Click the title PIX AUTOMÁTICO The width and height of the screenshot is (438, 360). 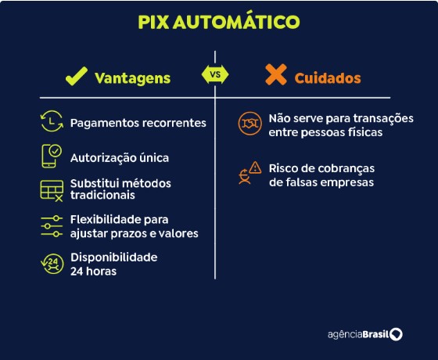tap(219, 21)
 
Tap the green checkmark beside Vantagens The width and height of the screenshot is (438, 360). tap(76, 77)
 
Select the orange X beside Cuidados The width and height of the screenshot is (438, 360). tap(276, 74)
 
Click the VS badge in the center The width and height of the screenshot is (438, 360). tap(215, 74)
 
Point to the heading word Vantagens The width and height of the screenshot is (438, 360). tap(133, 78)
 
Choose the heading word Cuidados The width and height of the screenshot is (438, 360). tap(328, 78)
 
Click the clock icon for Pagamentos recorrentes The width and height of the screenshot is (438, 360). tap(52, 121)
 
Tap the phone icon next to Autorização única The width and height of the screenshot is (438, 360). tap(52, 156)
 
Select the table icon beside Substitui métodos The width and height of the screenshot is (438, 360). tap(52, 191)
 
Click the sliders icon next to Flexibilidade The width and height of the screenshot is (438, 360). tap(52, 226)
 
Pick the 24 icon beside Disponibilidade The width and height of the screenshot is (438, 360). tap(52, 264)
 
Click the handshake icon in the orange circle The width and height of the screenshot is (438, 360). tap(250, 124)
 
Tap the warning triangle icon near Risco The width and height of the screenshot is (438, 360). tap(255, 167)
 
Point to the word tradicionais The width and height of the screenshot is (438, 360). tap(102, 195)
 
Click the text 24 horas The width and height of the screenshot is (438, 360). tap(93, 271)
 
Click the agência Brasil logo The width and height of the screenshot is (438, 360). tap(365, 334)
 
